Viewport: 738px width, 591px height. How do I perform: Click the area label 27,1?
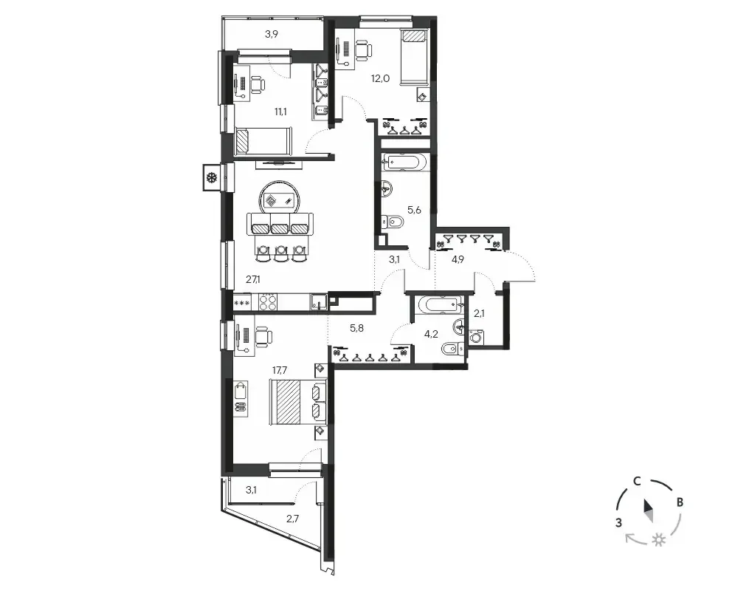pos(252,279)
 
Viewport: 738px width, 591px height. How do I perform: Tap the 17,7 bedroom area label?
pos(280,370)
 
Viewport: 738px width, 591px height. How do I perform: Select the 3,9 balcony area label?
pos(271,34)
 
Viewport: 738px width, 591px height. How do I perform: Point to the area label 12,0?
pos(380,79)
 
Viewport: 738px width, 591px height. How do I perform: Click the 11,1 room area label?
pos(280,112)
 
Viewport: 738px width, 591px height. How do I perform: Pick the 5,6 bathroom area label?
pos(414,211)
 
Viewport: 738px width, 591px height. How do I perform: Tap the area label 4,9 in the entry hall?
pos(458,259)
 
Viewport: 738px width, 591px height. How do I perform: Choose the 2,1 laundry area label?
pos(479,313)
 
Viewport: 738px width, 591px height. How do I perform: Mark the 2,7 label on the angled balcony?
pos(292,519)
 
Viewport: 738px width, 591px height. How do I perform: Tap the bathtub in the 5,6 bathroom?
pos(404,162)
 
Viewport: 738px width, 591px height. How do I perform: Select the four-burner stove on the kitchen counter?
pos(268,301)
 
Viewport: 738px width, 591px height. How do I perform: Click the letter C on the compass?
pos(636,481)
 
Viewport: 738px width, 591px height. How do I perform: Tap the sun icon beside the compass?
pos(659,540)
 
